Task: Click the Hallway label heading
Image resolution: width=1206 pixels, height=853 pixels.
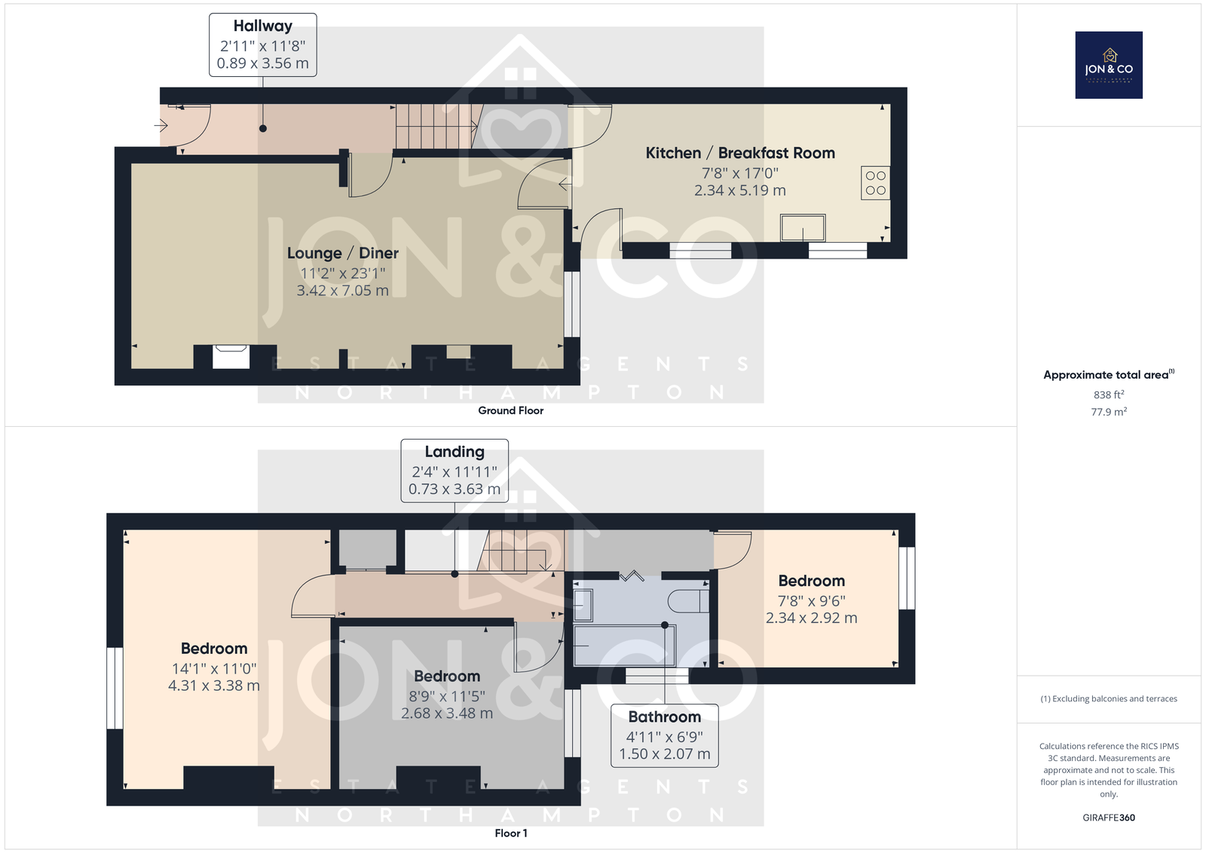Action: (263, 26)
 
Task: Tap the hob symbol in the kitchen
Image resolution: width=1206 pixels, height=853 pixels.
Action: (875, 183)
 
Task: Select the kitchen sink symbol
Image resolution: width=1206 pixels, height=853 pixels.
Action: (803, 228)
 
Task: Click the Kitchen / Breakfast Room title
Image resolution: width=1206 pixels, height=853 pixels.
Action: (740, 153)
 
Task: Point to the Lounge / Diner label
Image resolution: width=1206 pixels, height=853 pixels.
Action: (342, 253)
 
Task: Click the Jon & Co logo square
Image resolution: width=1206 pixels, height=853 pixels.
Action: (1109, 65)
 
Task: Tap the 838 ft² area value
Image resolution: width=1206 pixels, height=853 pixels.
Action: (1109, 394)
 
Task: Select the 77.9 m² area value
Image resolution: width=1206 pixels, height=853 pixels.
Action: (1109, 412)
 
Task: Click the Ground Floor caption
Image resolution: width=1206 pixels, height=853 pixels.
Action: (511, 410)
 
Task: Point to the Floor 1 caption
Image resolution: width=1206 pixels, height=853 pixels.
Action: (511, 833)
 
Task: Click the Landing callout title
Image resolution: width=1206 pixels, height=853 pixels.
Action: (455, 452)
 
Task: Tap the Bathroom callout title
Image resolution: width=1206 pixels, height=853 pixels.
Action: (664, 716)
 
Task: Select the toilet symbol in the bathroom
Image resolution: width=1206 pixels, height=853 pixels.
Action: (688, 601)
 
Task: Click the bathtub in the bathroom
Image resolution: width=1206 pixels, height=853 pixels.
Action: (624, 646)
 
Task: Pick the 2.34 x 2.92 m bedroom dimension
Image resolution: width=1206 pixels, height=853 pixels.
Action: (811, 618)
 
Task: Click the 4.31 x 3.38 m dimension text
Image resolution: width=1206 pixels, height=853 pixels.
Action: (214, 686)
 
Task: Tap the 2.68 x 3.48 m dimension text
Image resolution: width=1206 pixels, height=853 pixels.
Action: (447, 713)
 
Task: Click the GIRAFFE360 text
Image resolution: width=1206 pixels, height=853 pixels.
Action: (1109, 818)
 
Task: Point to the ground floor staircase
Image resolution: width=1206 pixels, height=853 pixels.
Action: (439, 127)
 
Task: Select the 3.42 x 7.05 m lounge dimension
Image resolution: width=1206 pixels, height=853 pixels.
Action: (342, 290)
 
